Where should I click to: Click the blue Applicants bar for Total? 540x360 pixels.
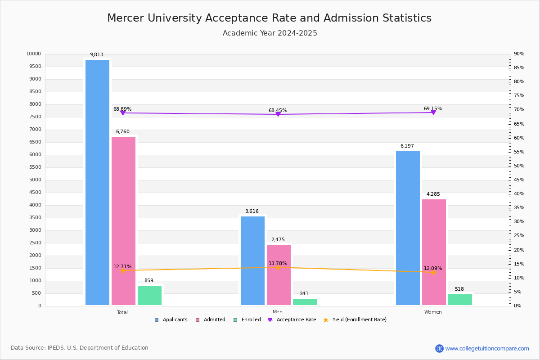[97, 182]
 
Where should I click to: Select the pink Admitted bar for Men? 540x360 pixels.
[279, 274]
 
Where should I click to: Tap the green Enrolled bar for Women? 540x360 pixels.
[460, 300]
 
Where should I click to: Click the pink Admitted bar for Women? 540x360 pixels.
[434, 252]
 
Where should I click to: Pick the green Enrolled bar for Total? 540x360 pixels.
[149, 295]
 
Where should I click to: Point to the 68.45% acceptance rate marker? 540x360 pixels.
[278, 114]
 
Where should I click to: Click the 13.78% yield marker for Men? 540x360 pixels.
[278, 268]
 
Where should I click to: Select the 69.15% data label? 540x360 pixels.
[432, 109]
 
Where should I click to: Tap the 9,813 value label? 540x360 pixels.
[96, 55]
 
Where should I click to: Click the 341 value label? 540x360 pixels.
[304, 294]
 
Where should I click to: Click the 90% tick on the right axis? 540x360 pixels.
[519, 54]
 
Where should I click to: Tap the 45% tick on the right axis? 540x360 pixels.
[519, 180]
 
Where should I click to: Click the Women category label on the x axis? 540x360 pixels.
[433, 312]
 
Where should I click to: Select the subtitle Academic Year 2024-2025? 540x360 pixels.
[270, 33]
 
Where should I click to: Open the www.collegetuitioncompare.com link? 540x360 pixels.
[487, 348]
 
